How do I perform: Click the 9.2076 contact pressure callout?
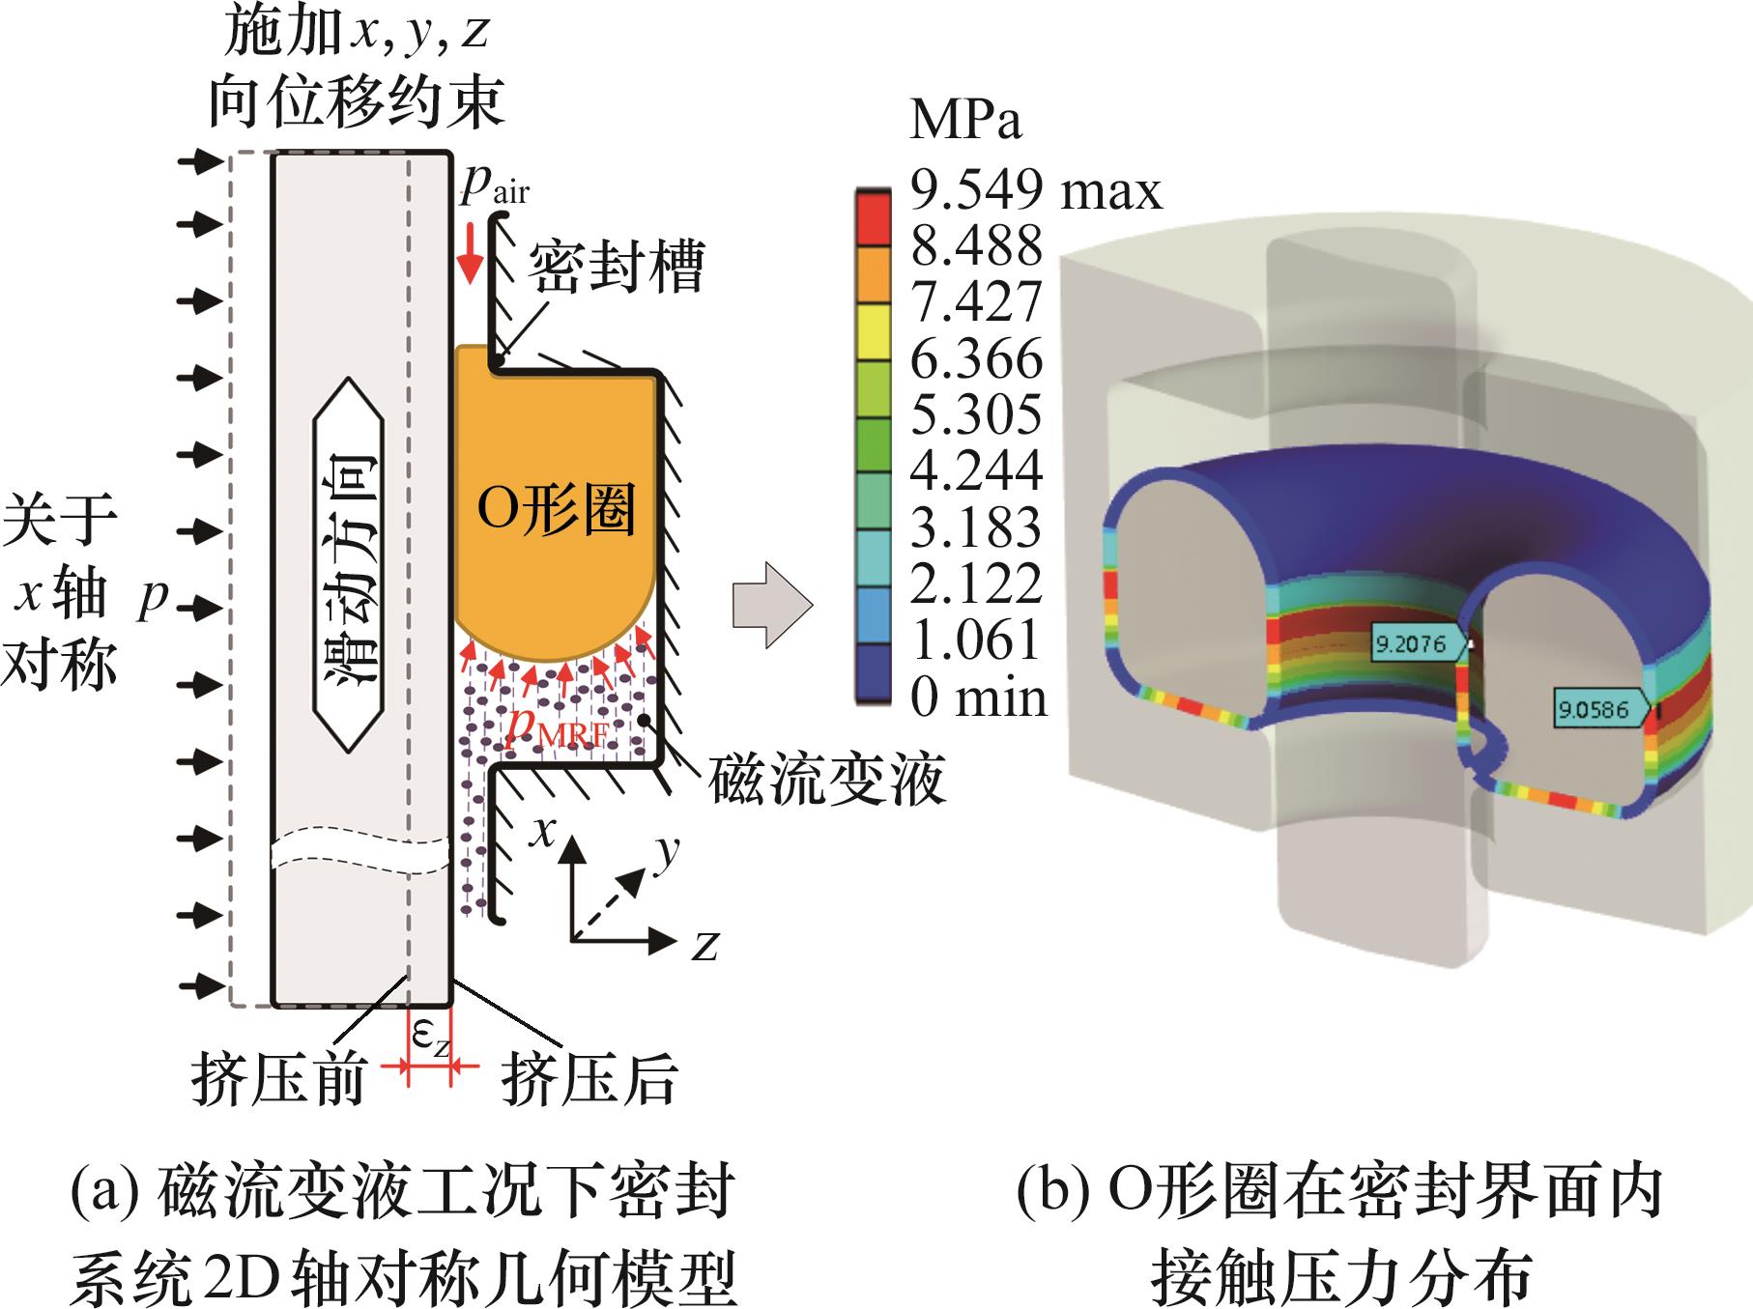point(1411,643)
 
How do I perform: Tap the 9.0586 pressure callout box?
point(1592,710)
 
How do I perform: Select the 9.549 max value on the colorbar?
point(1035,189)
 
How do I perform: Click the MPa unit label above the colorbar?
point(965,121)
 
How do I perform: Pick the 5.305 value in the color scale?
point(976,414)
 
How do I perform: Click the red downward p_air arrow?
point(471,256)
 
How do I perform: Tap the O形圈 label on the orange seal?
point(556,509)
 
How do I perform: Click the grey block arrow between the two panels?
point(771,606)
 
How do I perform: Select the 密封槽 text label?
point(616,266)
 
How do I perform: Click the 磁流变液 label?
point(825,781)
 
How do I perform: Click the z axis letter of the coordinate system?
point(705,945)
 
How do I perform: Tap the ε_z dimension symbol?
point(431,1038)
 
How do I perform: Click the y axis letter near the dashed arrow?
point(667,852)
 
